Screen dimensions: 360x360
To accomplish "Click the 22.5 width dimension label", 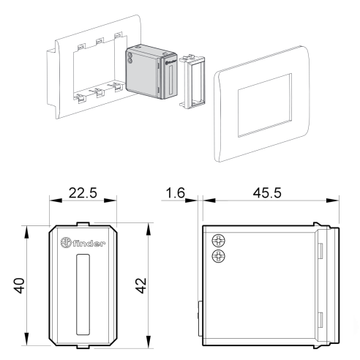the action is point(83,192).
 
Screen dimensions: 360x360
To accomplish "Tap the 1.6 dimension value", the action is point(176,192).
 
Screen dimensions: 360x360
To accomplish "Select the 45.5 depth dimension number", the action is point(267,192).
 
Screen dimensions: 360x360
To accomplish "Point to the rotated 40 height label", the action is point(19,285).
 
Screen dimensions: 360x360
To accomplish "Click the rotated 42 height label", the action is point(140,285).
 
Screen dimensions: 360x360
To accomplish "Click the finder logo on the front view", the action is point(83,242).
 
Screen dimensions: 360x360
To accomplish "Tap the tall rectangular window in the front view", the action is point(83,295).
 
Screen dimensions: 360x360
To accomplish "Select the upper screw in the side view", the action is point(218,241).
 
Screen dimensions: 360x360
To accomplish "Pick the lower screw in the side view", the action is point(218,256).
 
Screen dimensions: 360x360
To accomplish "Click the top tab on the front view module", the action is point(83,224).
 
